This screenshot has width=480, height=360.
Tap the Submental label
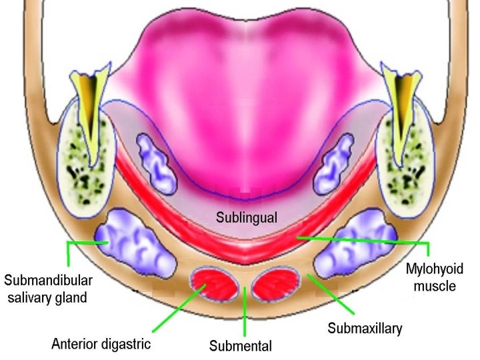[x=240, y=346]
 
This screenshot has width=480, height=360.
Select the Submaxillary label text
[x=365, y=329]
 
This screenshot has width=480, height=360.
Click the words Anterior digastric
[x=101, y=344]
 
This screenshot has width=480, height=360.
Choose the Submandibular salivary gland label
[x=48, y=287]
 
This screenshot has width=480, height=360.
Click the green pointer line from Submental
[x=245, y=311]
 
